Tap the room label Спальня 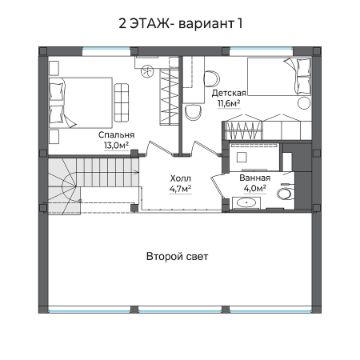click(x=116, y=135)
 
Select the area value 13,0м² click(x=116, y=145)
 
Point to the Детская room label click(x=229, y=93)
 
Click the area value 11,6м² click(x=229, y=103)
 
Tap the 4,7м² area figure click(x=180, y=188)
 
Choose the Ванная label click(x=255, y=178)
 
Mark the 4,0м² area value click(x=255, y=188)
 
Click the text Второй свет click(x=177, y=257)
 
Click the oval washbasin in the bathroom click(x=247, y=202)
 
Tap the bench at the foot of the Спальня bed click(x=121, y=102)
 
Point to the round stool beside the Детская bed click(x=303, y=103)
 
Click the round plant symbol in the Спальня click(x=147, y=71)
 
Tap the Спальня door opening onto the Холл click(x=159, y=148)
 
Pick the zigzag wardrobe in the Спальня click(x=169, y=97)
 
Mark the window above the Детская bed click(x=261, y=51)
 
